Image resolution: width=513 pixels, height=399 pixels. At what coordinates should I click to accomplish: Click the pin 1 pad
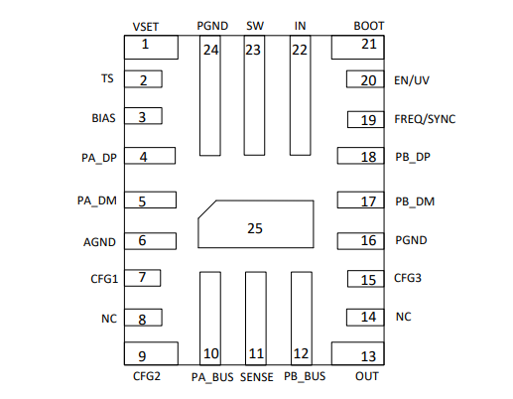point(149,47)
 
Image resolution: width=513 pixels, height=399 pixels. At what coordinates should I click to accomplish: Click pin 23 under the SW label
point(254,96)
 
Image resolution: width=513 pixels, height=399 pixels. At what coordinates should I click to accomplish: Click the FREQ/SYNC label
point(425,119)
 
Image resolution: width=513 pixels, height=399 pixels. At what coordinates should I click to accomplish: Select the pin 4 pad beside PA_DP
point(149,156)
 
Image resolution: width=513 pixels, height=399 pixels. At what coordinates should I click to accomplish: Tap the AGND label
point(100,241)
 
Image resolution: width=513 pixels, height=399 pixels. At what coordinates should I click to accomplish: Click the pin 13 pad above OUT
point(354,354)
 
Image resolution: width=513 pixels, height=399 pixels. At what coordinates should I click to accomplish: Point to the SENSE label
point(256,377)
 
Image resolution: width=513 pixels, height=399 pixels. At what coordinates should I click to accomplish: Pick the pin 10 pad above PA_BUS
point(209,318)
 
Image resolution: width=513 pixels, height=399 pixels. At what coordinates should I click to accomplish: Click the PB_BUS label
point(305,377)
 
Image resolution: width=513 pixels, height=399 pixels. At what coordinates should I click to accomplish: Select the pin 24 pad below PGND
point(209,96)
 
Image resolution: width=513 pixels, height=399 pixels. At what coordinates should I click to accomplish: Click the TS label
point(107,79)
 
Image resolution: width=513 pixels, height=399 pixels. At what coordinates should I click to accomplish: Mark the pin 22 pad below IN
point(300,96)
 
